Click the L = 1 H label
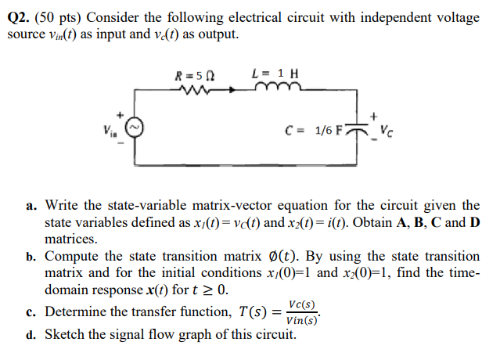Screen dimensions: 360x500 tap(273, 76)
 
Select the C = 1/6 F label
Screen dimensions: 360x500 tap(317, 128)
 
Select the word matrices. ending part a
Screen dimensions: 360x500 tap(71, 239)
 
